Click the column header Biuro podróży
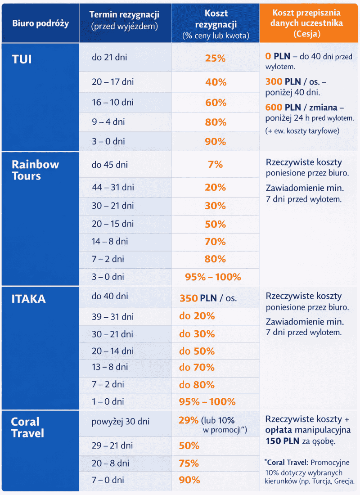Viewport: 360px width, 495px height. tap(40, 23)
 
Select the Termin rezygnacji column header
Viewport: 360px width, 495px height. tap(125, 21)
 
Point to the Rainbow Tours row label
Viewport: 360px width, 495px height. tap(35, 170)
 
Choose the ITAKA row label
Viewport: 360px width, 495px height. tap(28, 299)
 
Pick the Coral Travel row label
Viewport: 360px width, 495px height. tap(28, 427)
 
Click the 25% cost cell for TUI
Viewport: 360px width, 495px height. tap(215, 58)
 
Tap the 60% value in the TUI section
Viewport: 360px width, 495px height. tap(215, 103)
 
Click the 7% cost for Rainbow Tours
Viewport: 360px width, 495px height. tap(215, 164)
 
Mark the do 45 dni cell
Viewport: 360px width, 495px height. tap(110, 165)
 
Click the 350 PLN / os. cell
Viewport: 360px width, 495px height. tap(208, 298)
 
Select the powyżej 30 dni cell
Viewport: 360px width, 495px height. tap(121, 422)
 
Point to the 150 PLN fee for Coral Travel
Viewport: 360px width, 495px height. tap(280, 441)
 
